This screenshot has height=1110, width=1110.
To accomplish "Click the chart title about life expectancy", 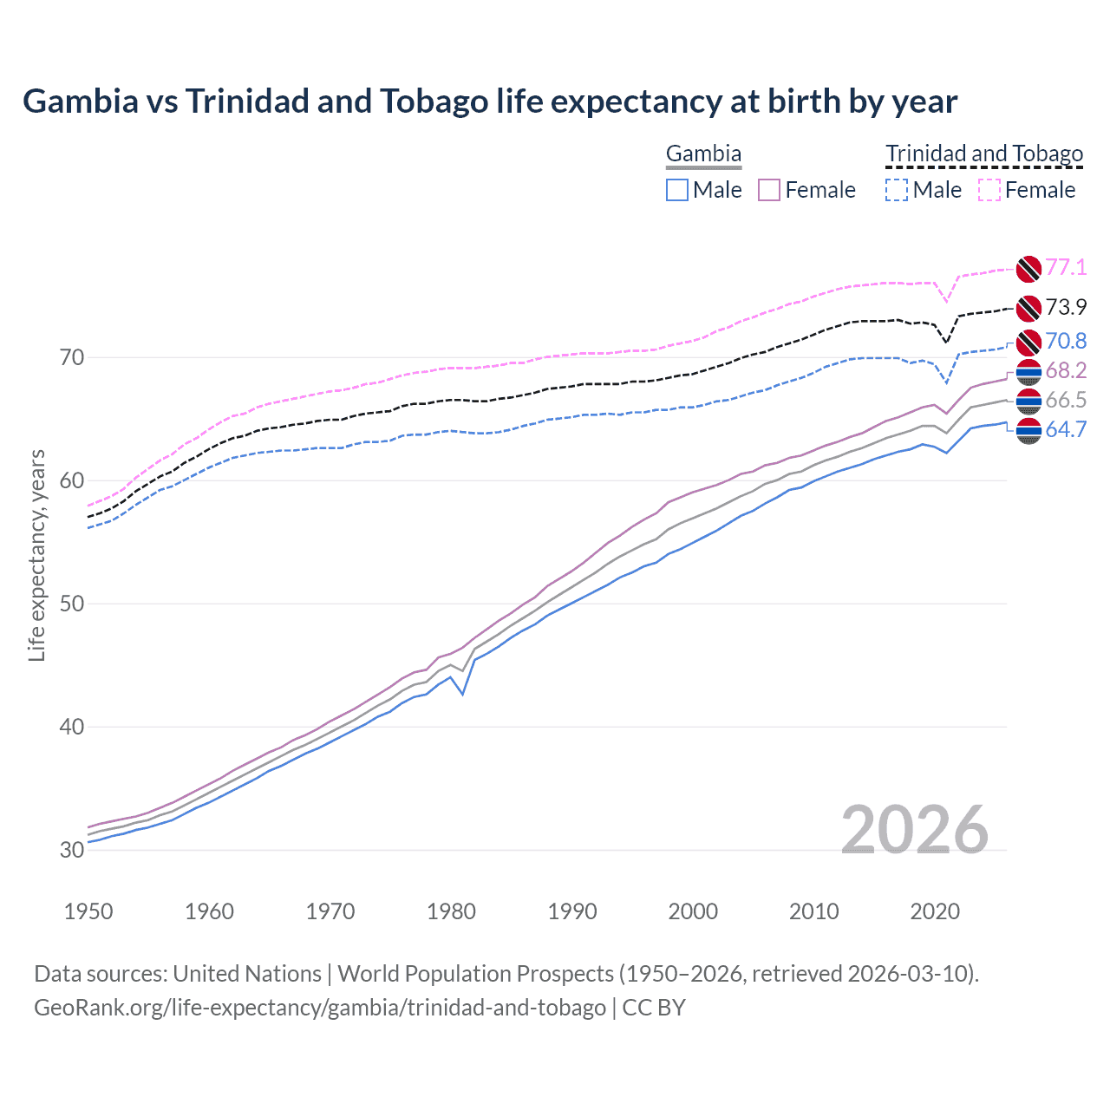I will (490, 101).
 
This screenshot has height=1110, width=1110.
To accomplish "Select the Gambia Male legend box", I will (677, 190).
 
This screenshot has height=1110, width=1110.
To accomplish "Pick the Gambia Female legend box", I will (770, 190).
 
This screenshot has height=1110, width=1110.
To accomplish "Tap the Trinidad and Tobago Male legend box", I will (897, 190).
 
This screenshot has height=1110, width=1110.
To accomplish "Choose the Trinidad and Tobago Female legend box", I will (989, 190).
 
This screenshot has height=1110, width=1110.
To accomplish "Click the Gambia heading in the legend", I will (703, 154).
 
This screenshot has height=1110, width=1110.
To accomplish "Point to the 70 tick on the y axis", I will (72, 357).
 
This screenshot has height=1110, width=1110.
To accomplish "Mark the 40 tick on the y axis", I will (72, 727).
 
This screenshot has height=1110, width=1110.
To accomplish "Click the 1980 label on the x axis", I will (452, 911).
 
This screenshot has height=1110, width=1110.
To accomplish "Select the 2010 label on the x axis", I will (813, 911).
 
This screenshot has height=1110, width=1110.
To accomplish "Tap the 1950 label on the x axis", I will (88, 911).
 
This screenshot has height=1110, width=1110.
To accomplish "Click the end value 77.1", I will (1066, 267).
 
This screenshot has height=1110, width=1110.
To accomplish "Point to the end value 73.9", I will (1066, 307).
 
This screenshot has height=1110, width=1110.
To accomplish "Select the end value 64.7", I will (1066, 429).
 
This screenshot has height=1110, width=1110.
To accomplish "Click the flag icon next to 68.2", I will (1028, 372).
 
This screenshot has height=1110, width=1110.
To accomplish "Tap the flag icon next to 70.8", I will (1028, 342).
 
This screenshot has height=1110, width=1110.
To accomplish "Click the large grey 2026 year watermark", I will (915, 830).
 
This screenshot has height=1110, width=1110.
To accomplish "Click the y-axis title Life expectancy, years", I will (36, 555).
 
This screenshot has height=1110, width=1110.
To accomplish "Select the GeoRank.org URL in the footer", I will (320, 1008).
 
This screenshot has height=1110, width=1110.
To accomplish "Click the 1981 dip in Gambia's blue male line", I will (463, 694).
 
